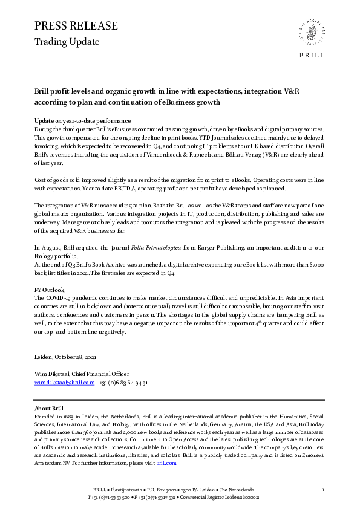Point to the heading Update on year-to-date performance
tap(82, 121)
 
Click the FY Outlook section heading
tap(49, 290)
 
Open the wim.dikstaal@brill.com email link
tap(64, 383)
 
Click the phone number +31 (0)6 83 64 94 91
tap(124, 383)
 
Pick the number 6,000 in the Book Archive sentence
tap(318, 265)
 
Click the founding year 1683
tap(71, 416)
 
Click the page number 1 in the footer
tap(324, 489)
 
